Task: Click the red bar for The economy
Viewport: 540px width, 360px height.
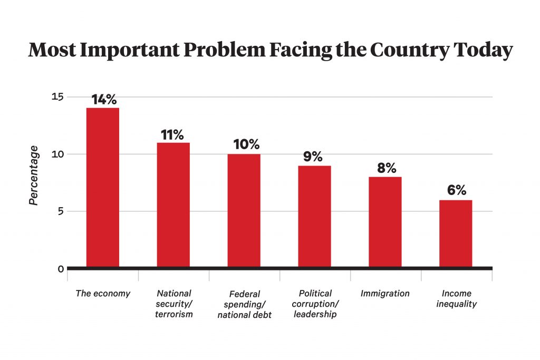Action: [x=103, y=188]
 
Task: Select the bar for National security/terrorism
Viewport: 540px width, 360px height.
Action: [x=173, y=205]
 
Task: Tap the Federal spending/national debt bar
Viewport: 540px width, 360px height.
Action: [x=244, y=211]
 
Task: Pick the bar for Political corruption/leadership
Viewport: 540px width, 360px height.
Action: [x=314, y=217]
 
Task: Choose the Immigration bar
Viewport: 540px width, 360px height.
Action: [x=385, y=222]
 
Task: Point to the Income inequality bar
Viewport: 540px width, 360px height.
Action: [x=456, y=233]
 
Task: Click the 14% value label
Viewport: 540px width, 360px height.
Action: [x=103, y=100]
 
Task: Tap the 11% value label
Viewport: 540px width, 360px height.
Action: [x=173, y=134]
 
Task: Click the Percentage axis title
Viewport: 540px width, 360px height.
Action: [x=34, y=176]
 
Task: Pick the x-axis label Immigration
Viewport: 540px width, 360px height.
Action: [x=385, y=294]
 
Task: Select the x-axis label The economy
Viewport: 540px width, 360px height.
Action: [x=103, y=294]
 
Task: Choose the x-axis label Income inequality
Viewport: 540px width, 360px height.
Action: [x=457, y=298]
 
